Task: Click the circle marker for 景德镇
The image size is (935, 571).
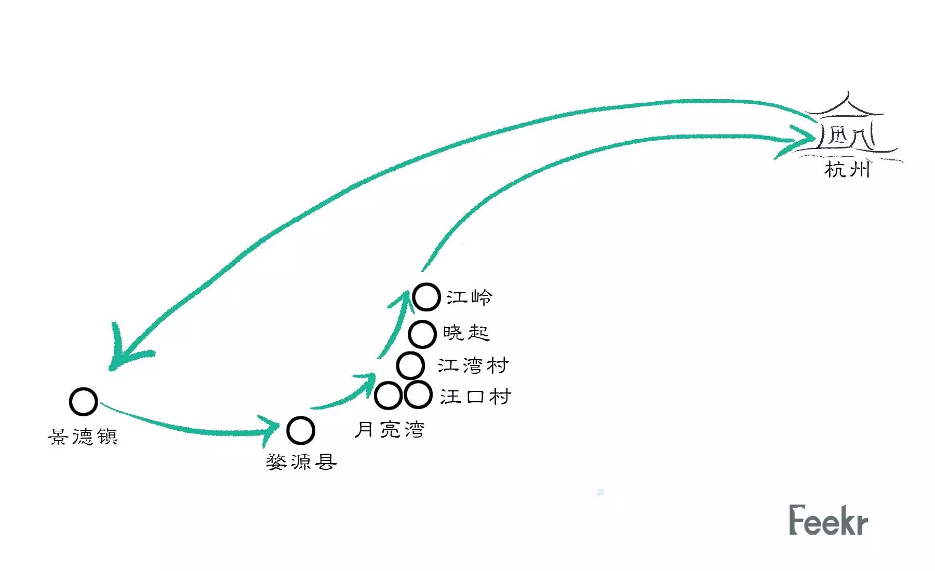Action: click(83, 401)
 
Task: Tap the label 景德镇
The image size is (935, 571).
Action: click(83, 437)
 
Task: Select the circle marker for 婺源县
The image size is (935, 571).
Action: click(300, 430)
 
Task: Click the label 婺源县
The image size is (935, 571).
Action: click(301, 461)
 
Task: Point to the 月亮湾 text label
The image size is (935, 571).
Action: click(390, 430)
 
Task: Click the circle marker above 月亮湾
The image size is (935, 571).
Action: click(388, 396)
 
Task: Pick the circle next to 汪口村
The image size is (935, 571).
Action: click(418, 395)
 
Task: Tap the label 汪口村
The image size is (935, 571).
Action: click(475, 397)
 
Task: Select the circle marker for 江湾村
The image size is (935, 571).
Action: click(410, 365)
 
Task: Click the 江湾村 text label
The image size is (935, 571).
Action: click(473, 365)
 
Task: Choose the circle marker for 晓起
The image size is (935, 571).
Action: click(422, 334)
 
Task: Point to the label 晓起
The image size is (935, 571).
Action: click(466, 333)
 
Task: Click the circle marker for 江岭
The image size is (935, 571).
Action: click(426, 297)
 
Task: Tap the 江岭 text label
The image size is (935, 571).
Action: click(469, 297)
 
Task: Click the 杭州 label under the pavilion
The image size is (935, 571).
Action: click(847, 169)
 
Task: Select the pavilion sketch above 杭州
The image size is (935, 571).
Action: click(847, 127)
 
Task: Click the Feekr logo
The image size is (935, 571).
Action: click(828, 520)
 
